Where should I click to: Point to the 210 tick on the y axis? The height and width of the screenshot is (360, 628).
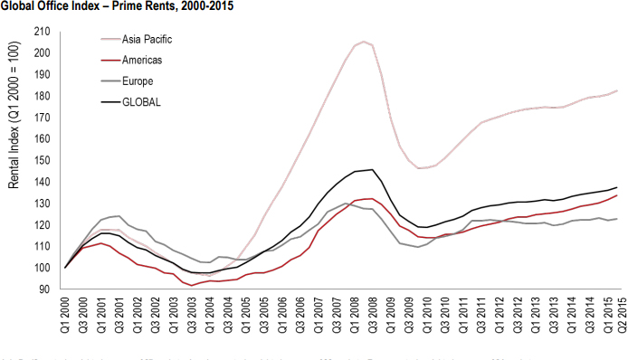[x=41, y=31]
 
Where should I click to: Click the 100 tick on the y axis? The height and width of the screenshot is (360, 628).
[x=41, y=268]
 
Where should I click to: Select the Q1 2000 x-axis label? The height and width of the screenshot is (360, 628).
[x=65, y=316]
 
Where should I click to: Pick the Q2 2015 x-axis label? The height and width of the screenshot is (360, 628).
[x=621, y=316]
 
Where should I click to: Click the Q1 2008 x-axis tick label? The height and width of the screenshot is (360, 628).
[x=356, y=316]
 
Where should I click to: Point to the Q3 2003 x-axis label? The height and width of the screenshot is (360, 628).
[x=192, y=316]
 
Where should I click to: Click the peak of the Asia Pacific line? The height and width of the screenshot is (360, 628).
[x=365, y=41]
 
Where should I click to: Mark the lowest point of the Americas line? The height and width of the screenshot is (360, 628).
[x=192, y=285]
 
